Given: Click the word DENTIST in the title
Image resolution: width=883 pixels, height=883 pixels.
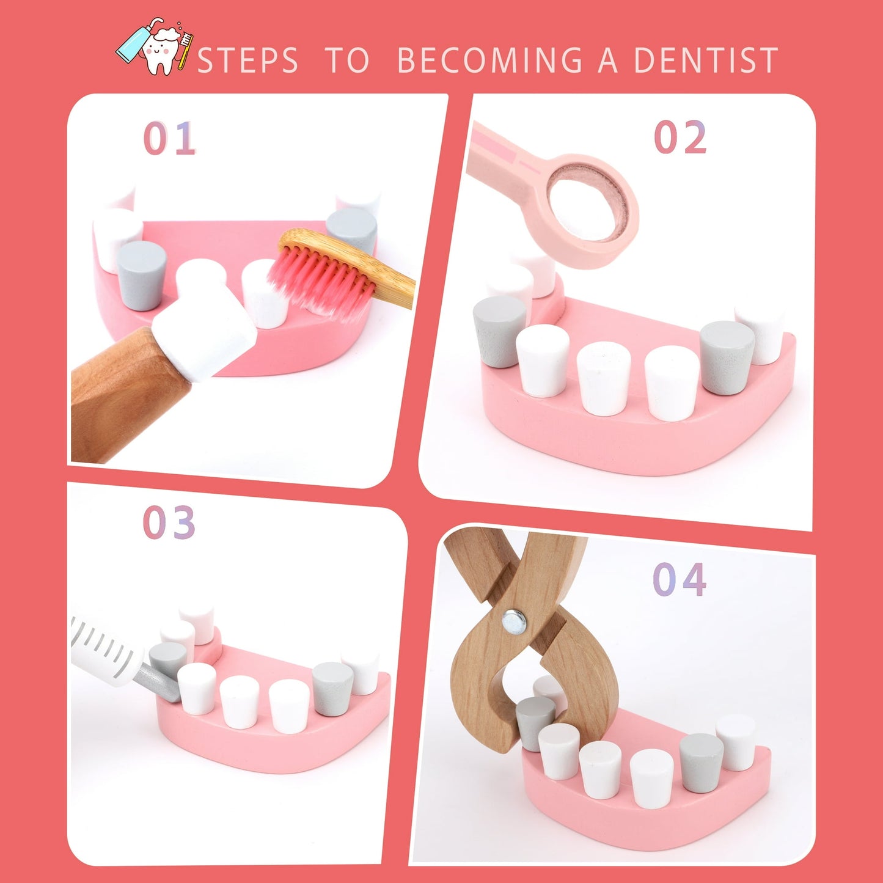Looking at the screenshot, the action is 706,59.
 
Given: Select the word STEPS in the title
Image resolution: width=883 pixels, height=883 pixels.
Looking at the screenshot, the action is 247,60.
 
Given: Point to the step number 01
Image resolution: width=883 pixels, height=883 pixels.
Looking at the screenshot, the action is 169,138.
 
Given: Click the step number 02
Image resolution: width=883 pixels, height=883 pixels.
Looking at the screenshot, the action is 680,136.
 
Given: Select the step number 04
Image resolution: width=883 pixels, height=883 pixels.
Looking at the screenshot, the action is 680,579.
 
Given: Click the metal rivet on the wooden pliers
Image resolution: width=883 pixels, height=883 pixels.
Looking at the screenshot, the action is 514,622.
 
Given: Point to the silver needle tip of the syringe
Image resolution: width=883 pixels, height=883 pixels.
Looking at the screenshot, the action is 158,683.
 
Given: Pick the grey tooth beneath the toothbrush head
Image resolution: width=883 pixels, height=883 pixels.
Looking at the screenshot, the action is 352,229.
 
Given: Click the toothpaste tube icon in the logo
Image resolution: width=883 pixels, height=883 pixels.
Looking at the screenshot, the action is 136,41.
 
